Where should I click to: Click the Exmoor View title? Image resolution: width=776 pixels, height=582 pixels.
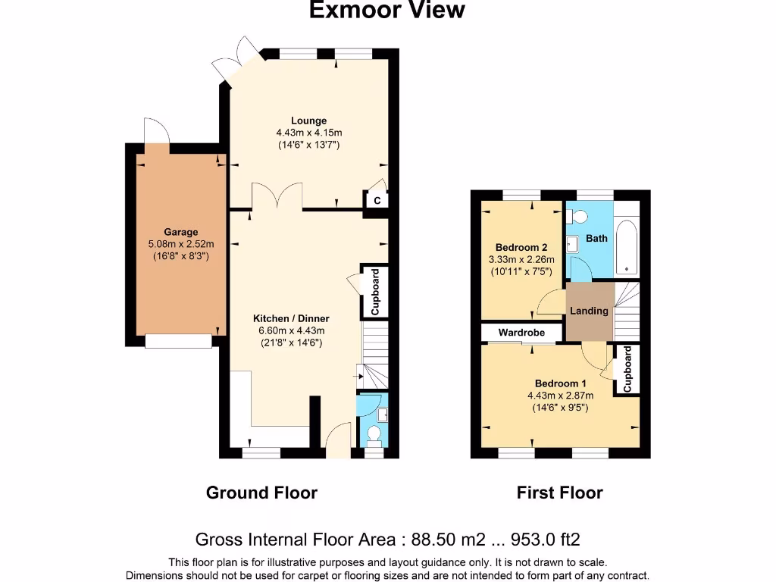tap(387, 9)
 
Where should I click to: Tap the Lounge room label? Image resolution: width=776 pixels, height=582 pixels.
tap(309, 120)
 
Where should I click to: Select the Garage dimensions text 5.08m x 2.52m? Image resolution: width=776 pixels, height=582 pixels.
tap(181, 244)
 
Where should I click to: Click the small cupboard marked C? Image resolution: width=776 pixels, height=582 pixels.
tap(377, 200)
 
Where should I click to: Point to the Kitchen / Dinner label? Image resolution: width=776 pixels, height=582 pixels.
tap(291, 319)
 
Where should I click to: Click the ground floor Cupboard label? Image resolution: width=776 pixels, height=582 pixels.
tap(375, 292)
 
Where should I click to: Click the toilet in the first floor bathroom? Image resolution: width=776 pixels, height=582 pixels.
tap(577, 217)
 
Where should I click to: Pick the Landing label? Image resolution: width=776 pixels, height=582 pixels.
tap(589, 311)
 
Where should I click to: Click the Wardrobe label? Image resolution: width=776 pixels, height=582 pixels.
tap(521, 333)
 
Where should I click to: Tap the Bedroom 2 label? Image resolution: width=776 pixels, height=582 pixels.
tap(521, 248)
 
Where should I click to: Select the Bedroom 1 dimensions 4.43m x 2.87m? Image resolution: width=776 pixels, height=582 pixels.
tap(560, 396)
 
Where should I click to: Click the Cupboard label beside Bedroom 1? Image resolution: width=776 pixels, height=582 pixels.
tap(627, 369)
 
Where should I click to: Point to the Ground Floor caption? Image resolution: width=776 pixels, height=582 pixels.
tap(261, 493)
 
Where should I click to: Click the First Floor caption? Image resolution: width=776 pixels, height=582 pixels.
tap(560, 493)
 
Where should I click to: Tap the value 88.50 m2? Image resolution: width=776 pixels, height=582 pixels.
tap(449, 540)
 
